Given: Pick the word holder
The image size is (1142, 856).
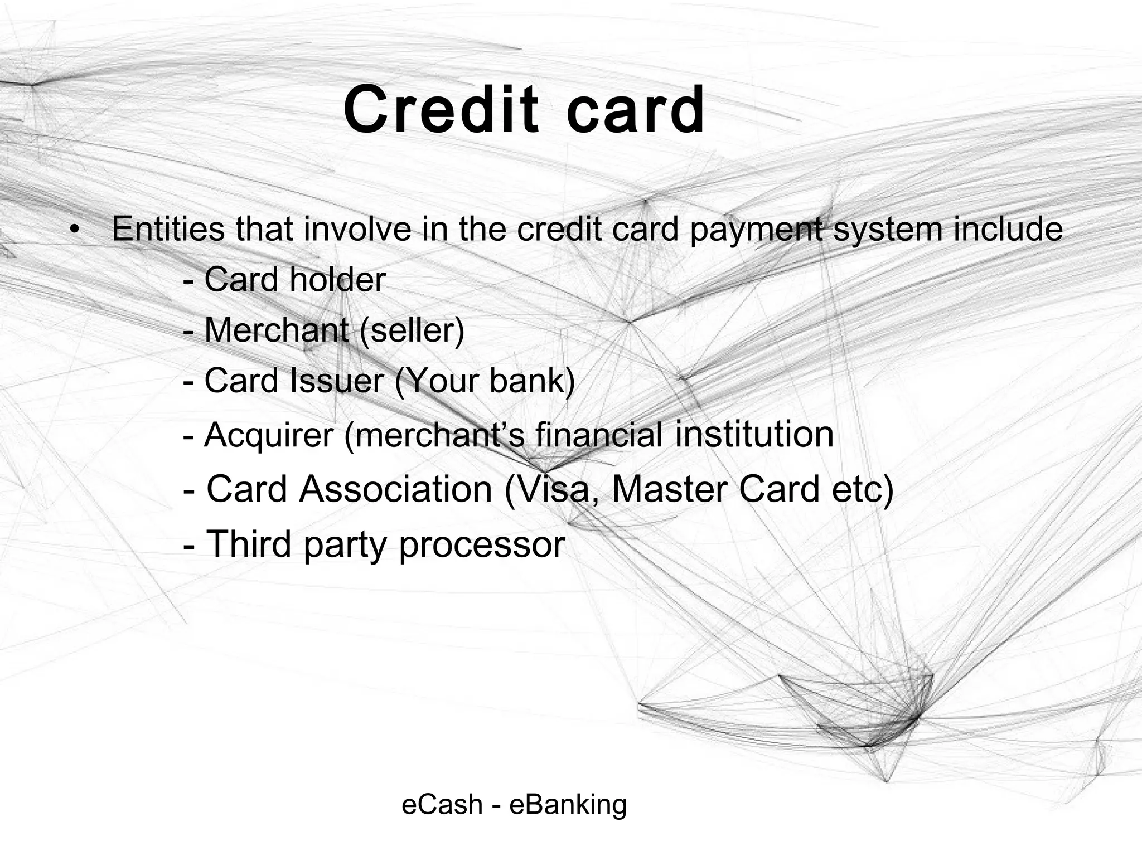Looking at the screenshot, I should (x=337, y=279).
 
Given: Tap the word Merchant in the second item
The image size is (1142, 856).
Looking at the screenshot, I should (x=277, y=330).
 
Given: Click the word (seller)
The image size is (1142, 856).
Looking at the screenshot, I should (x=412, y=330).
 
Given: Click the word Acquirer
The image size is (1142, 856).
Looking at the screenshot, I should (x=269, y=435).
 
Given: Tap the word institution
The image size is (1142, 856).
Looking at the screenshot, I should (x=754, y=434).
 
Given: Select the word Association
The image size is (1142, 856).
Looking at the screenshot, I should (x=395, y=489).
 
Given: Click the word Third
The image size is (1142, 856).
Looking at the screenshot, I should (x=249, y=544).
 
